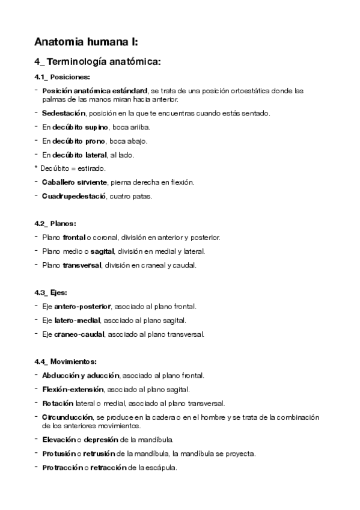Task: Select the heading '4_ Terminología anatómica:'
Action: pos(97,61)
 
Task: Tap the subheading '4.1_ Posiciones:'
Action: pos(63,77)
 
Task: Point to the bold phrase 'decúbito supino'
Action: pos(81,127)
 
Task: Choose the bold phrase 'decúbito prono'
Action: pos(79,141)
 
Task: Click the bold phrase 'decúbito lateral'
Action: pos(81,155)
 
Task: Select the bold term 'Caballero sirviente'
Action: pos(75,182)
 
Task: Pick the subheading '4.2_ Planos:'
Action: pos(55,224)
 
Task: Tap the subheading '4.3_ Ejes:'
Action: pos(50,292)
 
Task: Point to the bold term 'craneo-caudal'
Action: pos(78,334)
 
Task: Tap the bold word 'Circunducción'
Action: pos(67,417)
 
